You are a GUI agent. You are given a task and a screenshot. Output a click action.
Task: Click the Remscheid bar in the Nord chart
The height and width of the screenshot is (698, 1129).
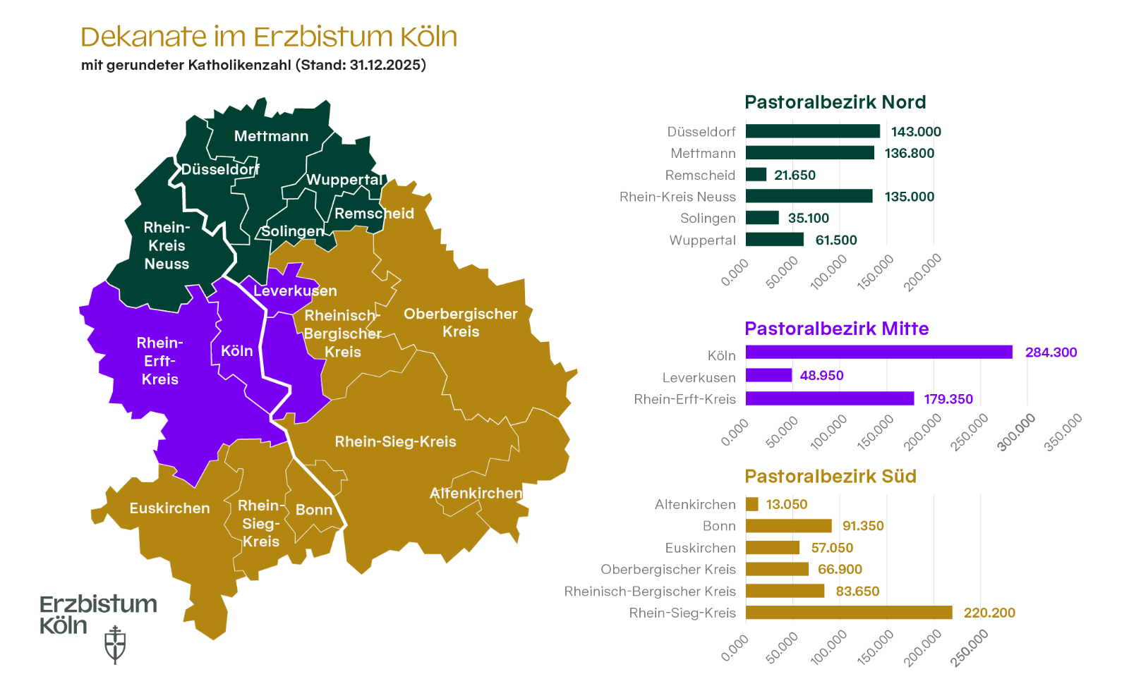click(x=756, y=175)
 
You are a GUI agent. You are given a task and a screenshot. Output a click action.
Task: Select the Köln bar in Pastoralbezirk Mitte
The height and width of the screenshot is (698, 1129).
click(x=879, y=352)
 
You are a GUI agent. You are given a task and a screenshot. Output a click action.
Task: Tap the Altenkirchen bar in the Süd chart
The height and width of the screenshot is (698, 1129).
click(x=752, y=504)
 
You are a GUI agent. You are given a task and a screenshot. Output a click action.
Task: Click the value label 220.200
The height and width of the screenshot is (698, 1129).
click(x=989, y=613)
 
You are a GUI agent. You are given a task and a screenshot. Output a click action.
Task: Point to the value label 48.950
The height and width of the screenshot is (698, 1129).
click(x=821, y=375)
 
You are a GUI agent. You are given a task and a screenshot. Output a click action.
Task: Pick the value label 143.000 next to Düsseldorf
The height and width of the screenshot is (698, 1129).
click(x=916, y=132)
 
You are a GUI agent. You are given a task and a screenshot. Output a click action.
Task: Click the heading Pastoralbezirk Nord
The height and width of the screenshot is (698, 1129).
click(x=835, y=102)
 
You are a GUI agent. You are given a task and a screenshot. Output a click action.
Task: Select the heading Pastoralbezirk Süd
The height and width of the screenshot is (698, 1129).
click(x=830, y=477)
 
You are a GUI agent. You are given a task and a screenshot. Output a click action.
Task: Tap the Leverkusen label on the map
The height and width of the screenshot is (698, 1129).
click(x=295, y=290)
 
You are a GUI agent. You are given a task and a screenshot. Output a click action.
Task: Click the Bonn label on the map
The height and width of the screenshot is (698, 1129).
click(x=314, y=510)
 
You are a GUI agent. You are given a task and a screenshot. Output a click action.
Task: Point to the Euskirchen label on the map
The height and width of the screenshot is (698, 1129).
click(x=169, y=508)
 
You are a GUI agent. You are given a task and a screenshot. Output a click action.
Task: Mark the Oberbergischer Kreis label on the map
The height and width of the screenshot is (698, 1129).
click(x=460, y=322)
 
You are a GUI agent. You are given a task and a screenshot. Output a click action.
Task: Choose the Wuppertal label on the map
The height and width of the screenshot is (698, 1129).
click(x=344, y=180)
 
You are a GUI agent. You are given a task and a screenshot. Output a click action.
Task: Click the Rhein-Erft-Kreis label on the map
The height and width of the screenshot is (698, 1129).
click(x=160, y=361)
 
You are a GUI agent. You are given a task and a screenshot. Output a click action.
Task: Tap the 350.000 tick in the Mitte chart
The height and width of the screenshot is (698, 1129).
click(x=1063, y=432)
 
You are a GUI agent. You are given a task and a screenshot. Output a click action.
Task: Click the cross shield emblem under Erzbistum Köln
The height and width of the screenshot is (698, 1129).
click(x=115, y=645)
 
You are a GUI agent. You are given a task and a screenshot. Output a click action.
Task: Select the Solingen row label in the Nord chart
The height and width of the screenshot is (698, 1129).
click(x=708, y=219)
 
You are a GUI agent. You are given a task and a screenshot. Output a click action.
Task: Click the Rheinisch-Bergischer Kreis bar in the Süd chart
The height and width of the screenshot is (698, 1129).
click(x=785, y=591)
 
